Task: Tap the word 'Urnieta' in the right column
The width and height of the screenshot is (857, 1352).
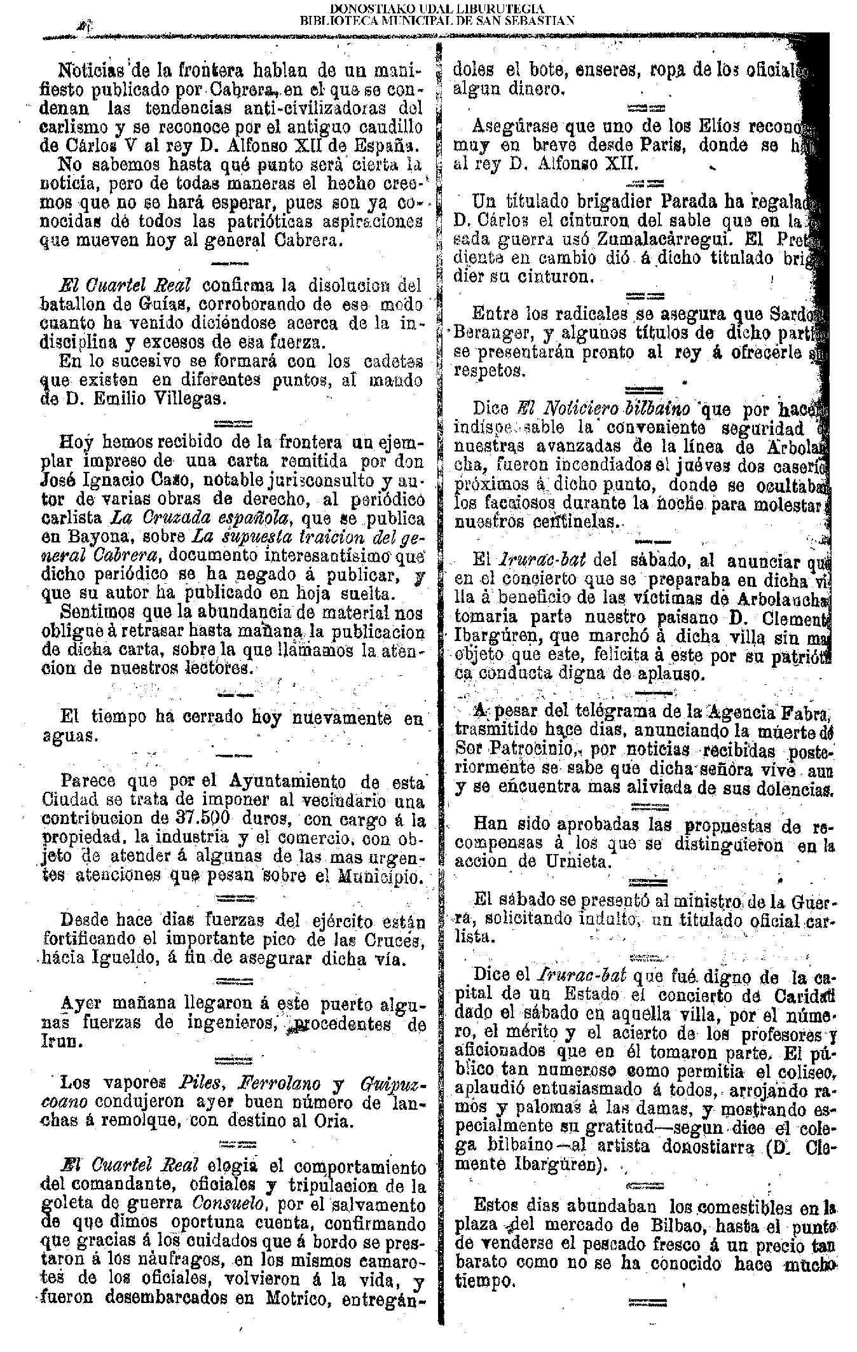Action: [x=576, y=862]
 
